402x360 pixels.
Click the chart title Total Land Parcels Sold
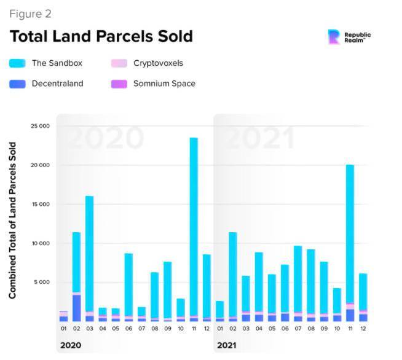pos(101,36)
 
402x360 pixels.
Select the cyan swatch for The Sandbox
pos(17,63)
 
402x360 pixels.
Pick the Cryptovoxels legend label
pos(158,63)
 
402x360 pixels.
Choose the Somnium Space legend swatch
pos(119,83)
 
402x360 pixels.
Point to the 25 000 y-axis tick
pos(40,126)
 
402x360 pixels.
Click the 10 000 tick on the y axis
pos(40,243)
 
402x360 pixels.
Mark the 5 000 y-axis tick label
pos(42,283)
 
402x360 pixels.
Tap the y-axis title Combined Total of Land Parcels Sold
pos(13,221)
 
